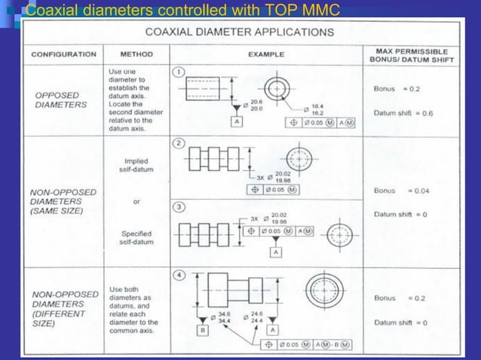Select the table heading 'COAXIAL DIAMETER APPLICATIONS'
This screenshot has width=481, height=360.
click(x=240, y=32)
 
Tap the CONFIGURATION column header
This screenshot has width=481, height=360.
click(x=63, y=54)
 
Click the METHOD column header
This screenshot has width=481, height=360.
click(x=136, y=54)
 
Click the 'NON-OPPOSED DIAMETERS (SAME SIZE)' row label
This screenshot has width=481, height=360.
click(x=63, y=201)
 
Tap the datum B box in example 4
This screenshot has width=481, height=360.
click(x=202, y=329)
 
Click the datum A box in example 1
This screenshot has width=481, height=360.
click(x=237, y=121)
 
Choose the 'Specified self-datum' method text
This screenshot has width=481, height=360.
click(x=136, y=238)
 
